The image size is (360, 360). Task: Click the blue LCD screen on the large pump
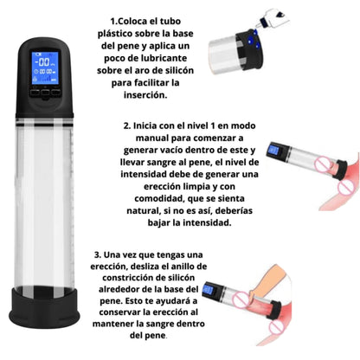45,67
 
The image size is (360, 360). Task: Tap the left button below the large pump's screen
35,93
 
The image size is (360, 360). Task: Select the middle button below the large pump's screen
46,93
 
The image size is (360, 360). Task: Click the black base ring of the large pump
44,307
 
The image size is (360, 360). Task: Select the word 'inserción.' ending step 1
145,95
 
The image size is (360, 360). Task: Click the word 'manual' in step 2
152,138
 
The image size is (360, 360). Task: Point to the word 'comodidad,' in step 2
160,199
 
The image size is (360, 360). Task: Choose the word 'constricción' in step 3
128,278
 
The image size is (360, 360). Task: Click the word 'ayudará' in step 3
177,301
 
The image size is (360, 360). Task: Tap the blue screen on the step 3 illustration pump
208,290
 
